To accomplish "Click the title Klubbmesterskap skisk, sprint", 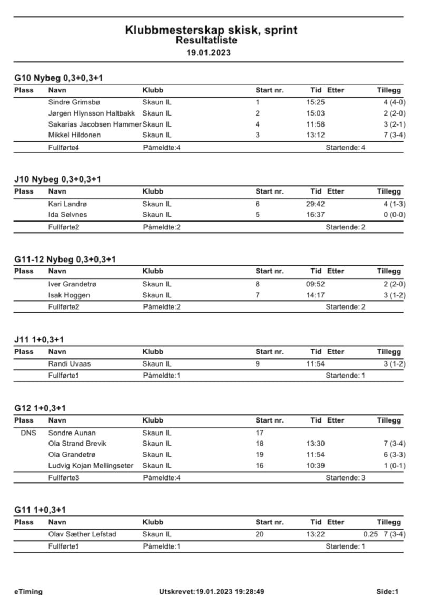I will pos(211,30).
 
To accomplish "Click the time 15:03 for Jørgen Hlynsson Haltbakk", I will pos(315,113).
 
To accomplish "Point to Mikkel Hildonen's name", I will pos(74,135).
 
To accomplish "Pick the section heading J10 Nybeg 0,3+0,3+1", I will pos(57,179).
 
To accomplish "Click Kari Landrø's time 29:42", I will pos(315,204).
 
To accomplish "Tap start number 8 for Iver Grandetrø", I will pos(258,284).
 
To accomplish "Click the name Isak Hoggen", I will pos(69,295).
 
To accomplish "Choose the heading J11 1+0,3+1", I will pos(40,339).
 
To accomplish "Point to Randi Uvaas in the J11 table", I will pos(69,363).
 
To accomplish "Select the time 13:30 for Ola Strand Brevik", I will pos(315,444).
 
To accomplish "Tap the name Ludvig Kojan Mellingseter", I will pos(91,465).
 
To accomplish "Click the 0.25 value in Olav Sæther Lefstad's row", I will pos(370,534).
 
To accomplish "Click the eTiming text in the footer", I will pos(28,592).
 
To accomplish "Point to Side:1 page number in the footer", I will pos(387,592).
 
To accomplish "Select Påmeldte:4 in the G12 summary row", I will pos(162,477).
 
